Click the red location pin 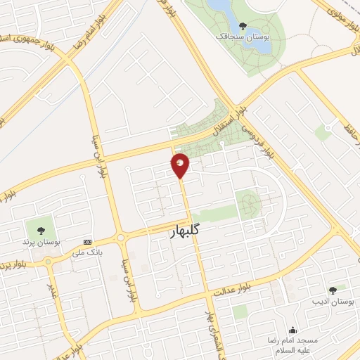coord(181,165)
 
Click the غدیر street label coord(51,288)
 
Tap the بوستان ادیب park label coord(330,300)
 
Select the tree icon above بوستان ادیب coord(332,289)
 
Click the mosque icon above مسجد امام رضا coord(293,330)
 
